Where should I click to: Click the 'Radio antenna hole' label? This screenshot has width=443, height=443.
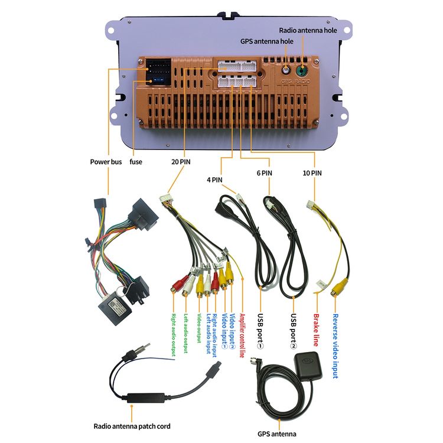tap(308, 30)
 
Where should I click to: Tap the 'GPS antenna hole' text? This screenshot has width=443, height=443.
tap(267, 41)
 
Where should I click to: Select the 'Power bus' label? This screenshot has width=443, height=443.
tap(106, 162)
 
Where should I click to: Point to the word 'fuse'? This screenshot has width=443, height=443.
tap(136, 162)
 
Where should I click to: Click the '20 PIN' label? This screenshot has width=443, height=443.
tap(181, 162)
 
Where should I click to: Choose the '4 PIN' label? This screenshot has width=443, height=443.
tap(214, 180)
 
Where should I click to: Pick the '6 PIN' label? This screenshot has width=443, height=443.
tap(264, 173)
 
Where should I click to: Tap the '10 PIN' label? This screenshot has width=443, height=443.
tap(312, 173)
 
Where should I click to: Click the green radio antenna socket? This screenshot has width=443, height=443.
tap(302, 70)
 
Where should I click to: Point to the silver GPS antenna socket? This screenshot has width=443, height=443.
tap(286, 70)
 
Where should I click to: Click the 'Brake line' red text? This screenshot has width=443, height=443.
tap(316, 330)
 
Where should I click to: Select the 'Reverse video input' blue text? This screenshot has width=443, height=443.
tap(335, 346)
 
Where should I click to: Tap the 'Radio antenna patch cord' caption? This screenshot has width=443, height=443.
tap(132, 426)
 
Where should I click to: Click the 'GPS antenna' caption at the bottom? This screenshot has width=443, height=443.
tap(277, 434)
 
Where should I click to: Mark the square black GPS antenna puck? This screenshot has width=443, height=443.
tap(308, 367)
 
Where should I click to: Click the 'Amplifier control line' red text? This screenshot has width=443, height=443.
tap(242, 335)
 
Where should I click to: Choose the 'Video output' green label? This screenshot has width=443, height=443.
tap(199, 328)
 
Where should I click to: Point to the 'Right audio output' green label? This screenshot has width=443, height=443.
tap(173, 335)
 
